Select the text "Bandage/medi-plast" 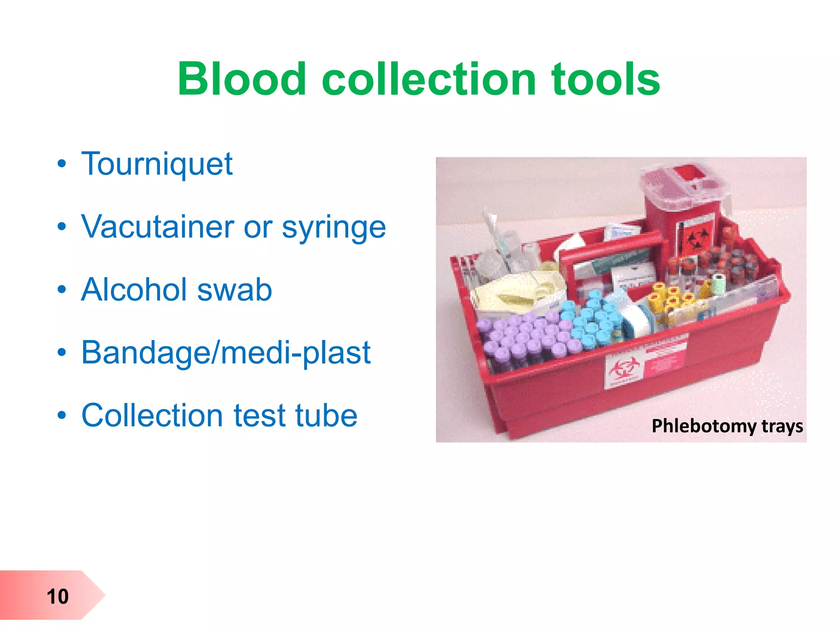pos(226,353)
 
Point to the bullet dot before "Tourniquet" pos(62,164)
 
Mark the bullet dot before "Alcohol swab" pos(62,290)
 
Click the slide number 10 pos(58,596)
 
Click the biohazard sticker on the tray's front pos(622,371)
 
